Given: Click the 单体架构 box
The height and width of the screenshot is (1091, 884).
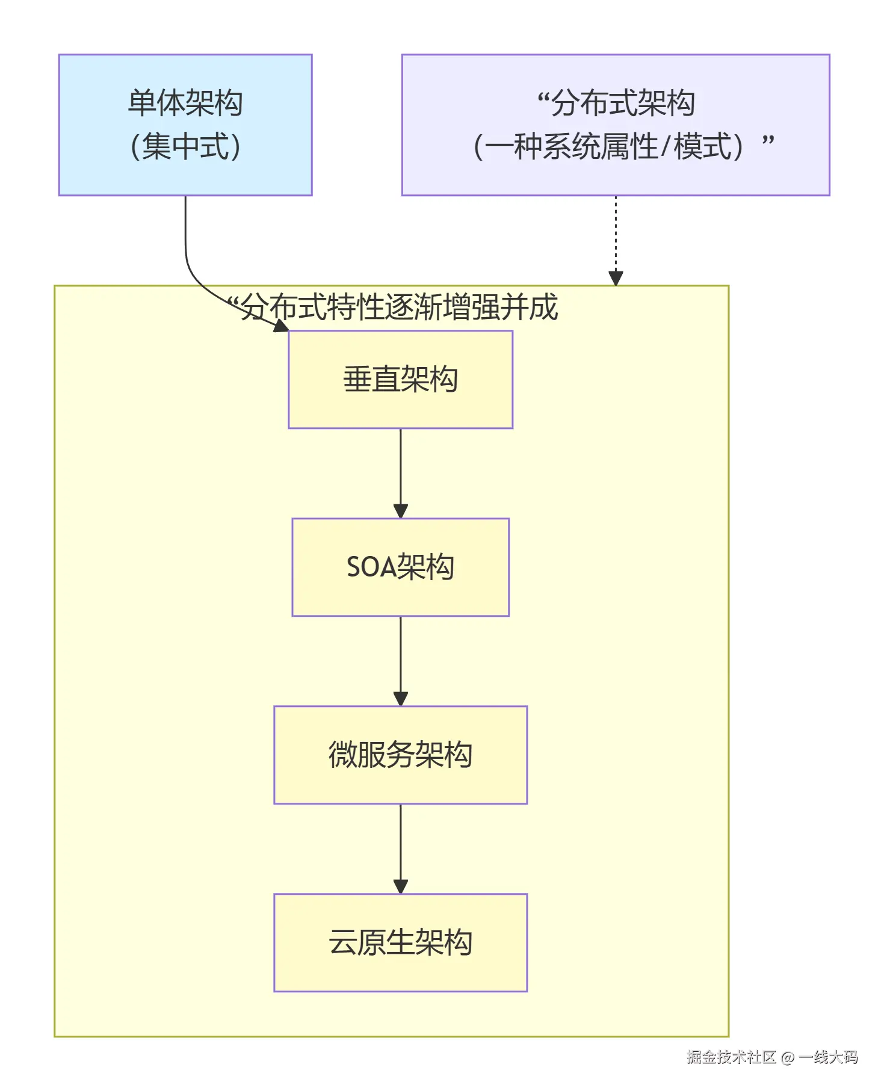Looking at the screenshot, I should coord(185,125).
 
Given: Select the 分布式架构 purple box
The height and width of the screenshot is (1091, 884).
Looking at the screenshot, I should coord(615,125).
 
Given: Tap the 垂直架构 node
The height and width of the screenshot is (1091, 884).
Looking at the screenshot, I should coord(400,379).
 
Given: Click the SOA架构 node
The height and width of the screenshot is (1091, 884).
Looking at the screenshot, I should coord(400,567).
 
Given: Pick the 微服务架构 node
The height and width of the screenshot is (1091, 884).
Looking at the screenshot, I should coord(400,755).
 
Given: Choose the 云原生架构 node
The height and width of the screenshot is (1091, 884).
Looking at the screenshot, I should coord(400,942).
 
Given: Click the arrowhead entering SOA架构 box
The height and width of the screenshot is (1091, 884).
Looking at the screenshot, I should coord(401,511).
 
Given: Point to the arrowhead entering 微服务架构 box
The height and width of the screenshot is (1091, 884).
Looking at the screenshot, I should coord(401,699).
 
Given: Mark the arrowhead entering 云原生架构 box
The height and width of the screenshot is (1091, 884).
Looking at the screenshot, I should coord(401,886).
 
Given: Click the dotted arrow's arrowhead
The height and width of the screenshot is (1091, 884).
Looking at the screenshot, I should coord(616,278).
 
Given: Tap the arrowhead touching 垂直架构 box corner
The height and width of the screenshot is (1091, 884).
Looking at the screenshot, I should coord(281,326).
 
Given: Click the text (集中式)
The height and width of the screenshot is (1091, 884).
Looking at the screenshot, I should coord(185,146).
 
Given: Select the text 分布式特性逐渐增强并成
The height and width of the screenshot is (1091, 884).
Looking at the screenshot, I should coord(400,308).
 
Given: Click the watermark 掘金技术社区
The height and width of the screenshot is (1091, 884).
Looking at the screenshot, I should coord(731,1057).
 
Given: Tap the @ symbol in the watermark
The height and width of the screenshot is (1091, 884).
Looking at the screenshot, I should coord(787,1058).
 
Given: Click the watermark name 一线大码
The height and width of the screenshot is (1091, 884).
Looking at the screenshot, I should coord(828,1057).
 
